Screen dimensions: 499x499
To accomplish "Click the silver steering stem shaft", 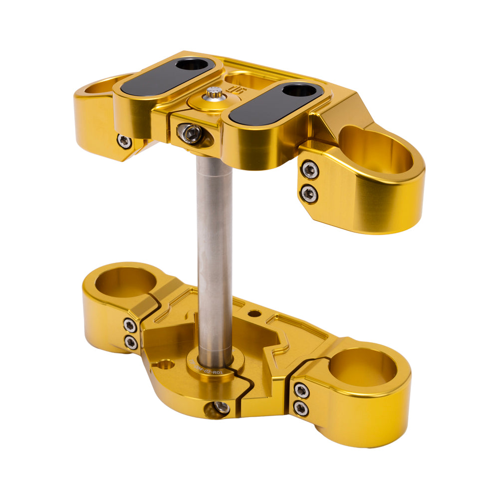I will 215,249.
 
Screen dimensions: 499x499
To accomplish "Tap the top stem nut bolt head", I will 215,93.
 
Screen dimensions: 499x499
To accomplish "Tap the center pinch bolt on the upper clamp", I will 192,133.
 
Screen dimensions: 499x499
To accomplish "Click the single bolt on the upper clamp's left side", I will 125,141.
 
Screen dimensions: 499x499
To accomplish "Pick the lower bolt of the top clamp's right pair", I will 309,193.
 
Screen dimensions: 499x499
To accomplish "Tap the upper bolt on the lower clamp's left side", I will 130,326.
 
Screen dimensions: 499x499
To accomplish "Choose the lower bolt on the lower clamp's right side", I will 300,409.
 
